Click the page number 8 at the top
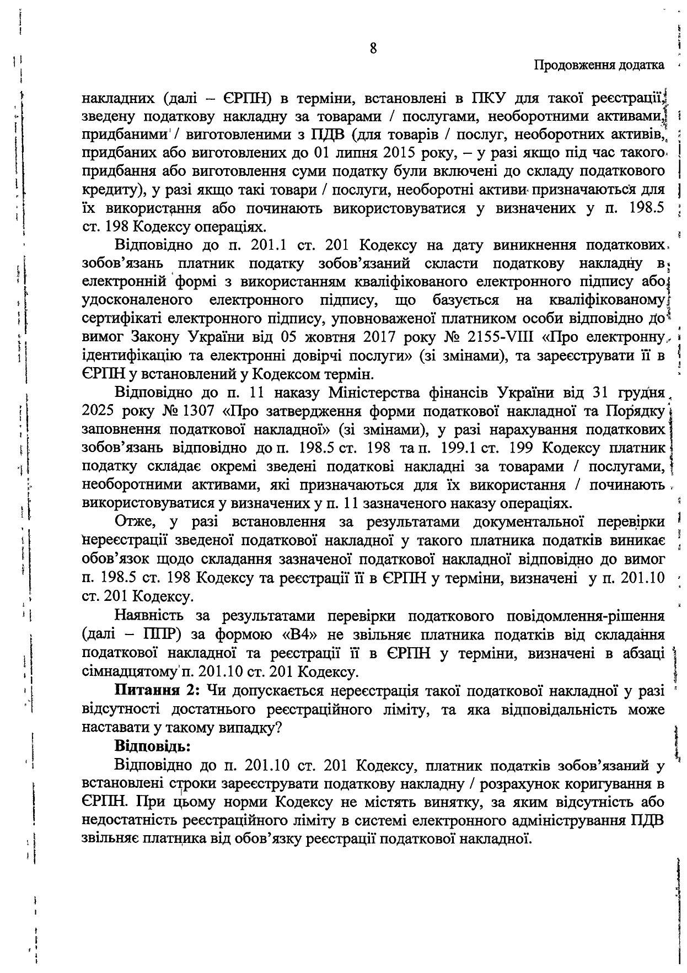(373, 49)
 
